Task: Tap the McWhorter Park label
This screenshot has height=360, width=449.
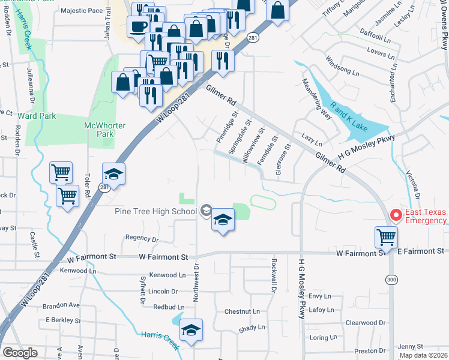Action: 99,130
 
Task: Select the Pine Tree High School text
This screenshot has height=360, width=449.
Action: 155,211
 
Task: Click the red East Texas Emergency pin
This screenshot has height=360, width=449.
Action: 396,215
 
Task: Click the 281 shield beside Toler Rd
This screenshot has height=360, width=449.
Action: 103,188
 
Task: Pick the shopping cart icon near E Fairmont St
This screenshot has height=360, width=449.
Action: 386,236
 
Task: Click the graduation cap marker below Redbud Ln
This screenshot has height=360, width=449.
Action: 191,330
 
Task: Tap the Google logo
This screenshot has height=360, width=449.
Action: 20,353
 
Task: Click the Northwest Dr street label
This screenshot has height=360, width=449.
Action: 195,280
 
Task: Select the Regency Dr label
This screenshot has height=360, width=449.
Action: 142,238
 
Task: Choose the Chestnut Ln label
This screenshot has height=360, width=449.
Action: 242,311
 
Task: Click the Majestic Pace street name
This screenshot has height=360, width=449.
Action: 82,11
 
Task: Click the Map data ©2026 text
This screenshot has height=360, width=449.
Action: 423,355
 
